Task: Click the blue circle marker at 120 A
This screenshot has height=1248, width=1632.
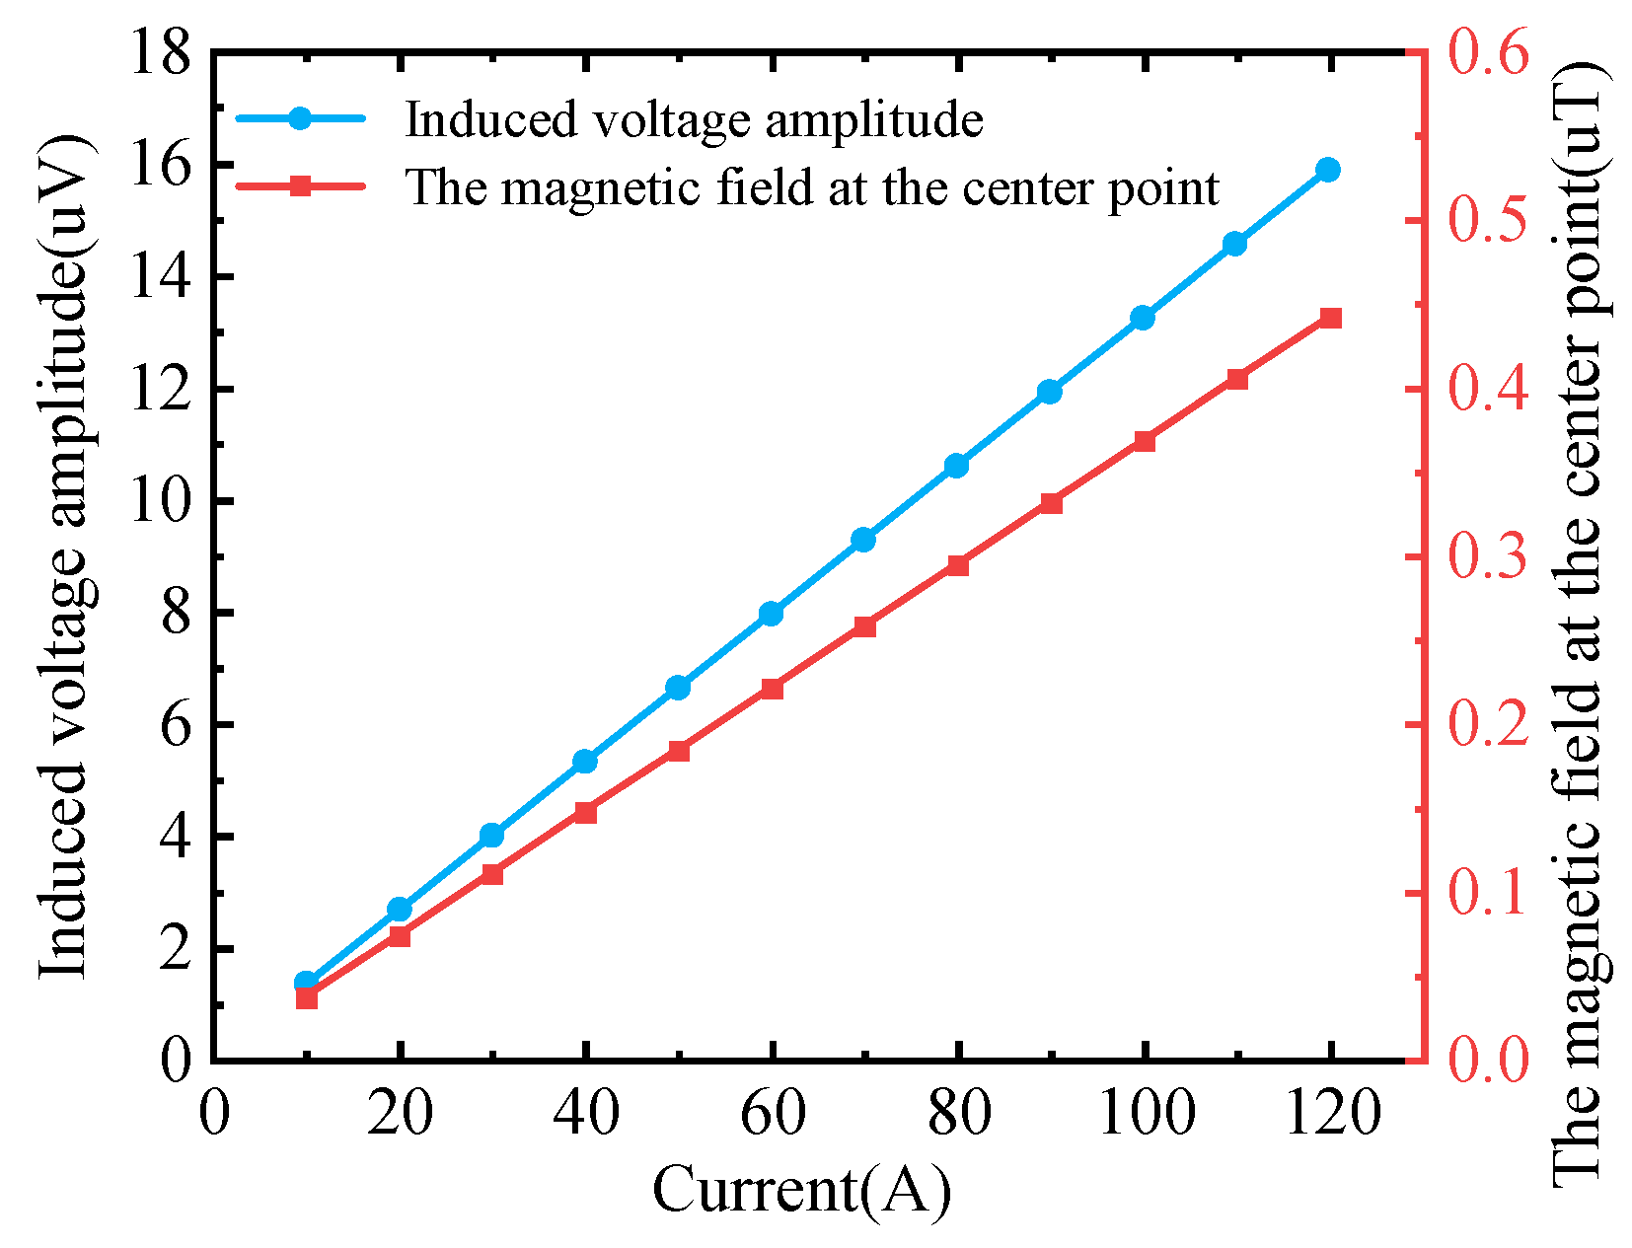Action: pyautogui.click(x=1328, y=170)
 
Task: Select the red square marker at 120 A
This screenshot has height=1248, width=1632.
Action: pyautogui.click(x=1330, y=318)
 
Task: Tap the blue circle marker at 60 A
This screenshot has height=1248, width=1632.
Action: pyautogui.click(x=772, y=614)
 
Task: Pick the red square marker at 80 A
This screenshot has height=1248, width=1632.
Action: pyautogui.click(x=957, y=565)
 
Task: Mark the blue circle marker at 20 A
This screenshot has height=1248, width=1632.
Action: pyautogui.click(x=399, y=909)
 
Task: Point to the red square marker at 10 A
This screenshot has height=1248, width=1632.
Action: pyautogui.click(x=307, y=998)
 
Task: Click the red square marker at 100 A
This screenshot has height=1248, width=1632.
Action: pyautogui.click(x=1144, y=441)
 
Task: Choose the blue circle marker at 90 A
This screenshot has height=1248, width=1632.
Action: pyautogui.click(x=1050, y=392)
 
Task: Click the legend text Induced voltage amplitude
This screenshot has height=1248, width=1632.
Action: pyautogui.click(x=694, y=119)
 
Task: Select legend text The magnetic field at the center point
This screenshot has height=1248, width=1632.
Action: pyautogui.click(x=812, y=186)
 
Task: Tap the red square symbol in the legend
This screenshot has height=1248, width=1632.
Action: pyautogui.click(x=301, y=185)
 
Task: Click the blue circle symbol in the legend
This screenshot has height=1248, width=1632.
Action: pyautogui.click(x=301, y=118)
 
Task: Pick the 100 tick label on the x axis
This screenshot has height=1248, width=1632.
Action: pyautogui.click(x=1145, y=1114)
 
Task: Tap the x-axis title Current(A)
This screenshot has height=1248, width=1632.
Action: pyautogui.click(x=801, y=1190)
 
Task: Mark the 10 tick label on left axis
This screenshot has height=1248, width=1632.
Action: pyautogui.click(x=160, y=501)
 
